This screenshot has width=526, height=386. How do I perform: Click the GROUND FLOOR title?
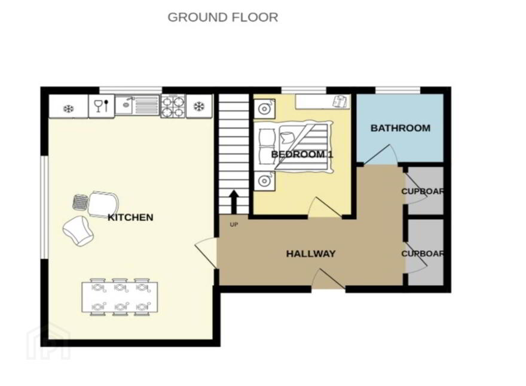click(x=223, y=17)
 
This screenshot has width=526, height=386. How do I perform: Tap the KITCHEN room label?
click(x=130, y=217)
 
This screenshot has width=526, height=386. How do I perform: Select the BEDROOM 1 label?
click(x=302, y=154)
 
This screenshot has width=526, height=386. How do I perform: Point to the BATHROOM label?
click(x=400, y=128)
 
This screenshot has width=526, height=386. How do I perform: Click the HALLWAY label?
click(x=311, y=254)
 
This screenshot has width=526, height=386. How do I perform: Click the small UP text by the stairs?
click(x=234, y=224)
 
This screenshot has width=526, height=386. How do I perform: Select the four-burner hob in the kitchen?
click(x=173, y=106)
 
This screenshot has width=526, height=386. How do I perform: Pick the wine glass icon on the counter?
click(x=98, y=105)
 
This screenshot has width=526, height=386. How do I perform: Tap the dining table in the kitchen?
click(x=120, y=297)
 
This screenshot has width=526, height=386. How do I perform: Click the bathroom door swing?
click(x=381, y=155)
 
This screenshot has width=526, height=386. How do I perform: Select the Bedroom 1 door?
click(x=325, y=207)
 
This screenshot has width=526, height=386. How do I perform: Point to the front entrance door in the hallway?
click(x=328, y=279)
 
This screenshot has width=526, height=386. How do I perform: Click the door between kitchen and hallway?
click(x=206, y=253)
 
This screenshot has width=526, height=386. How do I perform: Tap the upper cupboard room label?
click(x=423, y=192)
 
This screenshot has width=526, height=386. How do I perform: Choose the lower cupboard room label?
click(x=423, y=254)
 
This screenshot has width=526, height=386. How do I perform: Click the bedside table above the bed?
click(x=265, y=109)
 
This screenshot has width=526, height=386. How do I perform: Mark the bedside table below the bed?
click(x=265, y=181)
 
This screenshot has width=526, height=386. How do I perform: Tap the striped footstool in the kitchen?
click(x=81, y=202)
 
